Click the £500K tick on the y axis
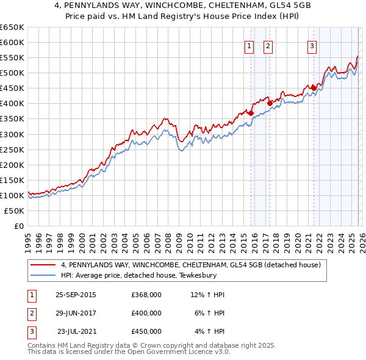[x=12, y=73]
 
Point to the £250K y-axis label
[x=12, y=149]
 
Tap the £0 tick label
[x=18, y=226]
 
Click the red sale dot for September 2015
[x=251, y=112]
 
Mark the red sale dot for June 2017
[x=270, y=103]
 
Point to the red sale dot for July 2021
[x=314, y=88]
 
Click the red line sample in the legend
[x=43, y=265]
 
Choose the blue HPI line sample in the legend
[x=43, y=275]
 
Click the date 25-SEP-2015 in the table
[x=76, y=295]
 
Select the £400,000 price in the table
[x=146, y=313]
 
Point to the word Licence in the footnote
[x=197, y=351]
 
